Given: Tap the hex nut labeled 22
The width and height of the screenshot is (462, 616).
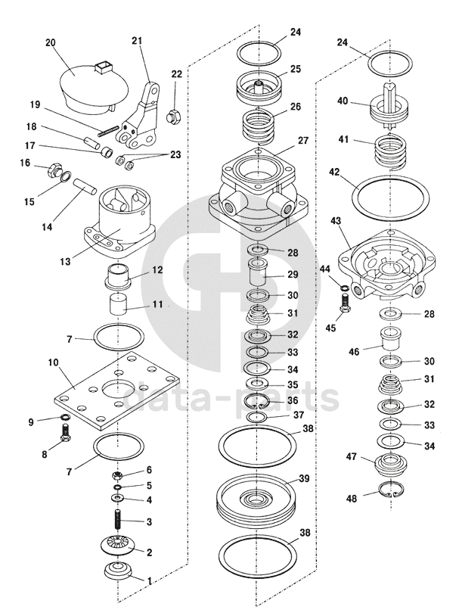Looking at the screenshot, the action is [x=173, y=116].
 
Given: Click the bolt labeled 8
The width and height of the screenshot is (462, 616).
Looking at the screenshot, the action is [x=66, y=433].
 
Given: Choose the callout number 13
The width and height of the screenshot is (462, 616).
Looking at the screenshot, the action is [x=66, y=261].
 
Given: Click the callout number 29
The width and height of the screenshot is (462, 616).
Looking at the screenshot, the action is [x=293, y=274].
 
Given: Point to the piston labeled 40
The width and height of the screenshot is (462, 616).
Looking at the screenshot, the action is [x=388, y=104].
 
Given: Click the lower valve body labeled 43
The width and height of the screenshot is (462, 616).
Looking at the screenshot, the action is [x=387, y=266].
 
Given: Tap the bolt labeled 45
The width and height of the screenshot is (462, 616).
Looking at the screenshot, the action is [x=344, y=306].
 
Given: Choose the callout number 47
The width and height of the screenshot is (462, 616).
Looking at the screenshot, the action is [x=352, y=456].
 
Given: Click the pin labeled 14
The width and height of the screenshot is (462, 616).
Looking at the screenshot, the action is [x=84, y=185].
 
